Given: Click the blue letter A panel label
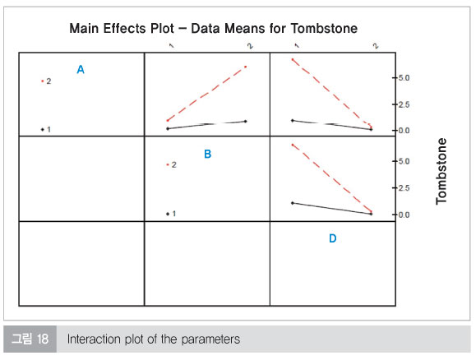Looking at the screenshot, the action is [x=81, y=70].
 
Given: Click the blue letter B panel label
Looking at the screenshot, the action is [x=208, y=154].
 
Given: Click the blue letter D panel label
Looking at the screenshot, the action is [x=333, y=238].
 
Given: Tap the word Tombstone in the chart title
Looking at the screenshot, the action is [x=324, y=29].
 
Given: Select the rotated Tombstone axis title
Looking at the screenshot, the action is [x=441, y=171].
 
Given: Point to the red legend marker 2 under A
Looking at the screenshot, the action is [x=43, y=81].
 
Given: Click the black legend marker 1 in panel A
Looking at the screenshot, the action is [x=43, y=129].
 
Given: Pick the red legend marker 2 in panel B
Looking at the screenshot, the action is [x=168, y=164].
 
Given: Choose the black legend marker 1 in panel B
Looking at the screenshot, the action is [x=168, y=214].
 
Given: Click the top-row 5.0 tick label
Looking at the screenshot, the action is [x=404, y=78].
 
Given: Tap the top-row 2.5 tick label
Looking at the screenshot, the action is [x=404, y=104].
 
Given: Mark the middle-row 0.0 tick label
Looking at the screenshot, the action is [x=404, y=215].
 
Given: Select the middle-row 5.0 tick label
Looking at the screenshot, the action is [x=404, y=161].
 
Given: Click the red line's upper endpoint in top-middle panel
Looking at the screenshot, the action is [x=245, y=67].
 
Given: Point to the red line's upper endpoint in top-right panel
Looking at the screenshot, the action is [x=293, y=59].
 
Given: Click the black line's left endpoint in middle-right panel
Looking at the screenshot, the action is [x=293, y=203].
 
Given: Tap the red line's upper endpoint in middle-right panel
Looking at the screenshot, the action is [x=293, y=145].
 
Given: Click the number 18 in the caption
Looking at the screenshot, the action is [x=43, y=339].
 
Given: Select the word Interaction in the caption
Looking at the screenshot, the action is [x=94, y=339].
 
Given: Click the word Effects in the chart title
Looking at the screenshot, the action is [x=124, y=29].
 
